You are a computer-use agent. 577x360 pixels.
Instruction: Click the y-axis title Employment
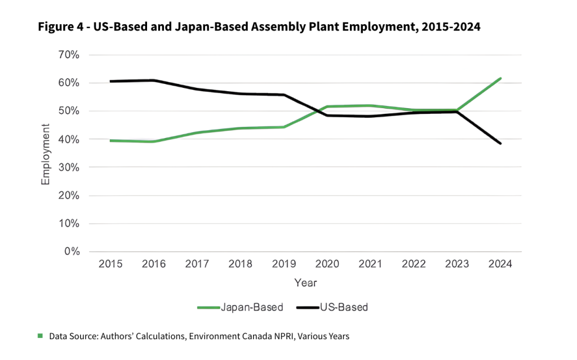pyautogui.click(x=46, y=153)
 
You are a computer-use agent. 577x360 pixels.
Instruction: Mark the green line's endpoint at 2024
pyautogui.click(x=500, y=78)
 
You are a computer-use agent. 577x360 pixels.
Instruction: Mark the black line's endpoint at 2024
pyautogui.click(x=500, y=144)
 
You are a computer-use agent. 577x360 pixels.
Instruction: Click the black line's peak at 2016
pyautogui.click(x=153, y=80)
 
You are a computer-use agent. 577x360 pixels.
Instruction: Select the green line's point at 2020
pyautogui.click(x=327, y=106)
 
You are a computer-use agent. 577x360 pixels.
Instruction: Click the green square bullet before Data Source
pyautogui.click(x=40, y=336)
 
